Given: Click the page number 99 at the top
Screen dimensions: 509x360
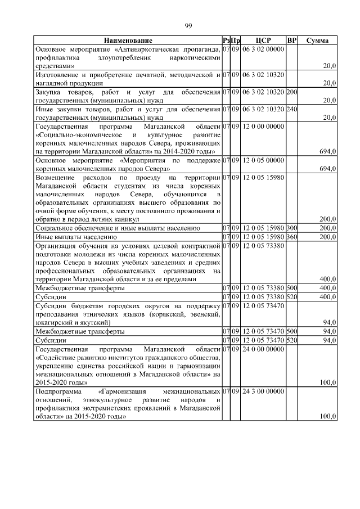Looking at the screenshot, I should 189,26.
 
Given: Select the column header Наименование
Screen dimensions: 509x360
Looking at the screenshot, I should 128,41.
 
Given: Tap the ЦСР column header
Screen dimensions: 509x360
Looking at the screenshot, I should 263,41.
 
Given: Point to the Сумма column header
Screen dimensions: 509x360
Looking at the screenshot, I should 318,41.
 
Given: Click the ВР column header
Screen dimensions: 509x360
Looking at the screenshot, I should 291,41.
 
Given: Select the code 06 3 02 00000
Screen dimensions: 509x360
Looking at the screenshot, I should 263,49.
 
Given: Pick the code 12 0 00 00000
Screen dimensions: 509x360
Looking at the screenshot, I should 263,127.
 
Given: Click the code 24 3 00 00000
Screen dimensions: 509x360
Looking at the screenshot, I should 263,391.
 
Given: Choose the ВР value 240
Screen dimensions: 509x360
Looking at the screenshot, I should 291,109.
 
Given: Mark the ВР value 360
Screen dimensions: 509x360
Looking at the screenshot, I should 291,237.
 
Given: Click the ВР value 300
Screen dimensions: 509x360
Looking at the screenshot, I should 291,228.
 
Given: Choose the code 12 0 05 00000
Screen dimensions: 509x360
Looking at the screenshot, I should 263,160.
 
